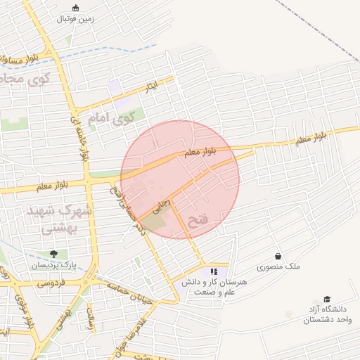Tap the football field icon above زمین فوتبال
click(76, 8)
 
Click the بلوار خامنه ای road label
click(78, 138)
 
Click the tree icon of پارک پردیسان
click(53, 254)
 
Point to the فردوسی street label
click(51, 283)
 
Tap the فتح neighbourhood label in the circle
click(199, 220)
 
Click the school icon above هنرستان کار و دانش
click(214, 271)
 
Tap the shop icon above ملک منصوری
click(278, 256)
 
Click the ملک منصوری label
click(278, 267)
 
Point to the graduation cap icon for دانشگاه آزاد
click(326, 299)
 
